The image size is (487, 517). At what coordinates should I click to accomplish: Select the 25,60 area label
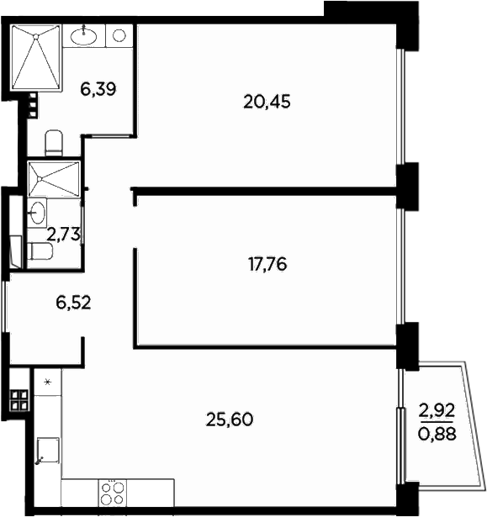[230, 418]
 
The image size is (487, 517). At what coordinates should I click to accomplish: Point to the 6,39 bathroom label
[98, 89]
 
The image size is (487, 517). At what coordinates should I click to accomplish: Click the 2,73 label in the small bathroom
[63, 235]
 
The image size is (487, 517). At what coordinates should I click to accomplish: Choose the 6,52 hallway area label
[72, 302]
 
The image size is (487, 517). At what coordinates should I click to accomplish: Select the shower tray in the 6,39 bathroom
[36, 57]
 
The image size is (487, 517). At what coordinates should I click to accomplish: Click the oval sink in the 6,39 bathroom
[83, 35]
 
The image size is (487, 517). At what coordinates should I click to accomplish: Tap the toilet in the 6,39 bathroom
[53, 142]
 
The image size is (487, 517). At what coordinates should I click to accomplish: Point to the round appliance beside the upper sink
[119, 35]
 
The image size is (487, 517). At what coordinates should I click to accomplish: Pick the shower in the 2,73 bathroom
[53, 178]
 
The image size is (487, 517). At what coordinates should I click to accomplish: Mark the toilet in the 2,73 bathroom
[40, 251]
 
